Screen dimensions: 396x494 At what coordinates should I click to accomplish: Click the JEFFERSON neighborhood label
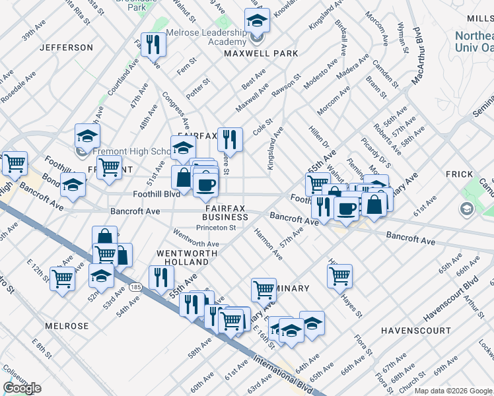tap(66, 48)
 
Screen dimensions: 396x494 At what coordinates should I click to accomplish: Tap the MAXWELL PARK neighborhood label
tap(262, 53)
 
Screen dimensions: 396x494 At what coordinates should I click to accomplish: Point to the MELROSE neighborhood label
tap(67, 326)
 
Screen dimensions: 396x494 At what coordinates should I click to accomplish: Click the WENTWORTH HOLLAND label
tap(183, 257)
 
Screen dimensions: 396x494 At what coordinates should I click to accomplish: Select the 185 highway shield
tap(136, 287)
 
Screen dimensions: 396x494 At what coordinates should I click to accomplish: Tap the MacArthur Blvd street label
tap(416, 56)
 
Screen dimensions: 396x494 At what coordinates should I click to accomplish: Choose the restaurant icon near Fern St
tap(153, 44)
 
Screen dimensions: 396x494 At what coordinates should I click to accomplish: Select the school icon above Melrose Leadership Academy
tap(257, 20)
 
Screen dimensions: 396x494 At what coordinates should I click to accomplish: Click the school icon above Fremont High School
tap(87, 136)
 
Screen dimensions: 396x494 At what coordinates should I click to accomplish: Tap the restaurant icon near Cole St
tap(230, 139)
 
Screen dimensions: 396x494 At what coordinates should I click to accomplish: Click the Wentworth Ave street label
tap(196, 239)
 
